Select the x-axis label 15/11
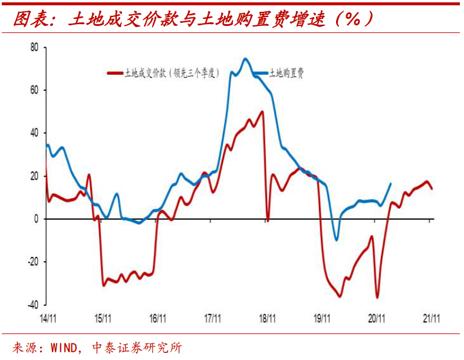tap(103, 318)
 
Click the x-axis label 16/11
tap(157, 318)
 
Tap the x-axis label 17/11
tap(212, 318)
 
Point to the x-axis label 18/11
tap(267, 318)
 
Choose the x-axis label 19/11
tap(322, 318)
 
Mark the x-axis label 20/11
tap(377, 318)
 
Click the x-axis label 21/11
tap(432, 318)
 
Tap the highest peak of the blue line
tap(245, 59)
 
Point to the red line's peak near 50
tap(262, 112)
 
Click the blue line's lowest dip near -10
tap(336, 240)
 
